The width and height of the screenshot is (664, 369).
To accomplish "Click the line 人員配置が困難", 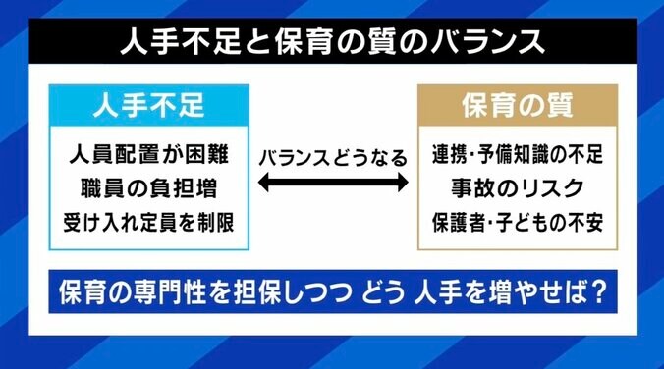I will (149, 154).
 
